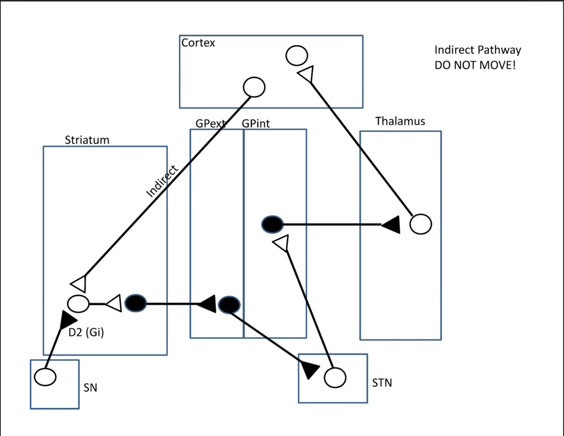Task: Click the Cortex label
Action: click(198, 43)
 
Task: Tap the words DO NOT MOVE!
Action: click(475, 65)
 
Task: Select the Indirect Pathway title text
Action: click(477, 50)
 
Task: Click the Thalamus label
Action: click(400, 121)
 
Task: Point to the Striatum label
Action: click(87, 140)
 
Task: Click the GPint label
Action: click(255, 124)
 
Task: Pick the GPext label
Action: click(210, 124)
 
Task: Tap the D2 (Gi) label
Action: click(86, 332)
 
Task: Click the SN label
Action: click(90, 387)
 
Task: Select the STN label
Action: click(382, 383)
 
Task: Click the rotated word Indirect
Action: click(162, 181)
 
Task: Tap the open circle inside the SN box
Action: click(45, 377)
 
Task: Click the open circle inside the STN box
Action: click(335, 377)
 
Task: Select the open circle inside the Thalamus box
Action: click(420, 224)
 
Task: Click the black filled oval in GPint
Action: click(272, 224)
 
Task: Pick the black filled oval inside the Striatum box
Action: click(136, 304)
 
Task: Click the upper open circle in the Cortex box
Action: click(297, 55)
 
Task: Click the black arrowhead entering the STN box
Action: click(309, 370)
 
